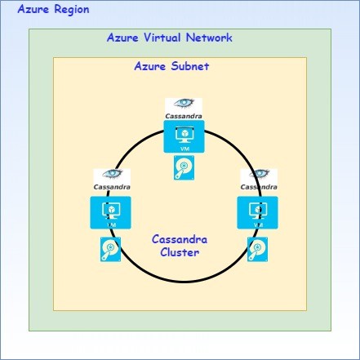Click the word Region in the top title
72,10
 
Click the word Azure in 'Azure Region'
33,9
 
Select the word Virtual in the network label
162,38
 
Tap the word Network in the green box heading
209,38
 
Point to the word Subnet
190,66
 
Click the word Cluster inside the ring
180,252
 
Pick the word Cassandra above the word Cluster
180,239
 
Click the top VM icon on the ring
184,136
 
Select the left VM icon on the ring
110,212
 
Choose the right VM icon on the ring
257,212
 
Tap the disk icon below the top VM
184,167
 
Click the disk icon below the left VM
110,249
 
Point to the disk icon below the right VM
257,249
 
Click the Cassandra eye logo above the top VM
184,103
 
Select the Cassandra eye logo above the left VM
112,174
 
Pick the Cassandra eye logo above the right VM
259,174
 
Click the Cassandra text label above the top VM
184,116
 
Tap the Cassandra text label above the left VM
112,187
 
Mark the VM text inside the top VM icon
184,149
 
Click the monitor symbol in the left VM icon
111,211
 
